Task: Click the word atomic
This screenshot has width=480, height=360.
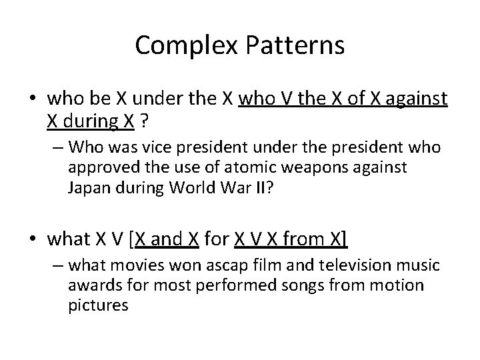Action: pos(235,167)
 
